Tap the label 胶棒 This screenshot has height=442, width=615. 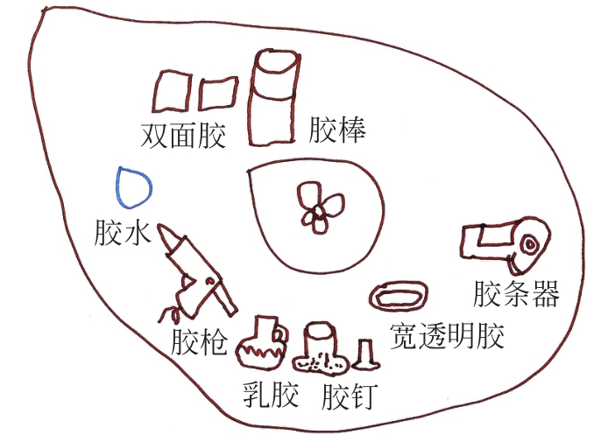point(337,130)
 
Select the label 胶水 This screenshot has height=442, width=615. point(123,234)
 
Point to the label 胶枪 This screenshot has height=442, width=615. point(199,342)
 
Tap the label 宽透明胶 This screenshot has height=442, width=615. point(447,335)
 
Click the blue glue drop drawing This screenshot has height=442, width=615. point(134,185)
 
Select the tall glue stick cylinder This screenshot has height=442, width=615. point(273,96)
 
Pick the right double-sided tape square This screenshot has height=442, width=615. point(216,93)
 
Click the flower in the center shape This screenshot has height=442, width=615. point(320,207)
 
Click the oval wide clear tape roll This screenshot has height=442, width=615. point(399,294)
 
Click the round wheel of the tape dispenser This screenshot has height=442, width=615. point(530,242)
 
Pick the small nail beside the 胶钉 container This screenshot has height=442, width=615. point(365,354)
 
